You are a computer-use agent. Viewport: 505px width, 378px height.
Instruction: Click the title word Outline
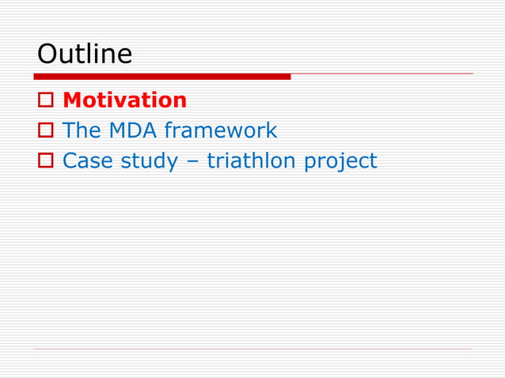tap(85, 55)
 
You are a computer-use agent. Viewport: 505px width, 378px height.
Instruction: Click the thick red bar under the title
tap(161, 77)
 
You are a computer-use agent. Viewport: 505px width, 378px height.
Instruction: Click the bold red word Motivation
tap(124, 100)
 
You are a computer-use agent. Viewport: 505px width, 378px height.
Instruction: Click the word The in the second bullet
tap(80, 130)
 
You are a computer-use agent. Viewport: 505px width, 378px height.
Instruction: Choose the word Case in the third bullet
tap(88, 161)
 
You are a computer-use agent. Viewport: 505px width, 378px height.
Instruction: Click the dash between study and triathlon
tap(192, 161)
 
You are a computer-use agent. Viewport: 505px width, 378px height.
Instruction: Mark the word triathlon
tap(253, 161)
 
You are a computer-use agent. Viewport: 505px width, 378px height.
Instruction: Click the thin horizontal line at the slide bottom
tap(252, 349)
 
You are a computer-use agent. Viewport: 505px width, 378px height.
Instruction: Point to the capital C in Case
tap(69, 161)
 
